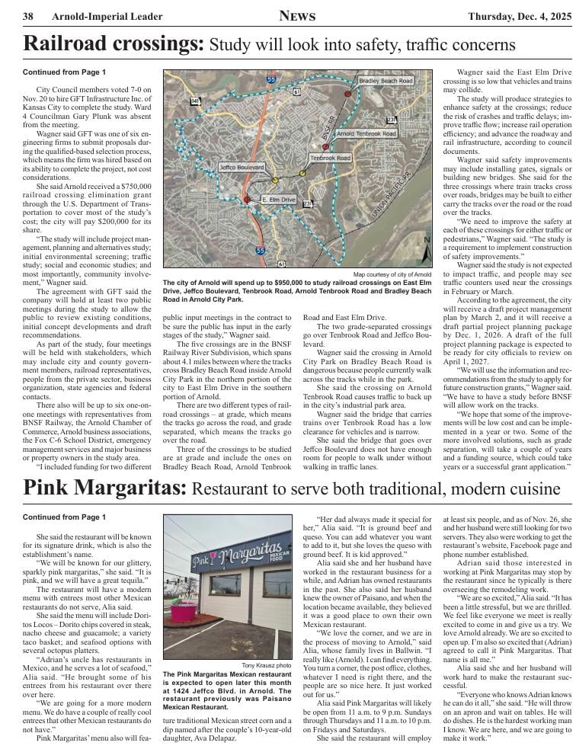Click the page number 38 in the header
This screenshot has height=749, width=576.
click(x=27, y=16)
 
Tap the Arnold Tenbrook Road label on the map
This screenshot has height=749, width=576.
click(x=366, y=133)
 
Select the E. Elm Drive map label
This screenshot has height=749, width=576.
click(x=278, y=199)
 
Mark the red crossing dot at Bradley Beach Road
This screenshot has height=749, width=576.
click(x=348, y=93)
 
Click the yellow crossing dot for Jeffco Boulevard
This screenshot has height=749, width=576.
click(x=275, y=181)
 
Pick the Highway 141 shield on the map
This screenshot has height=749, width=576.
click(x=196, y=101)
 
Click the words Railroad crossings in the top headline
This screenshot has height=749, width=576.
click(x=114, y=44)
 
